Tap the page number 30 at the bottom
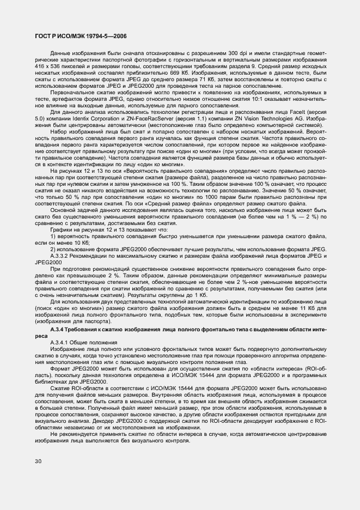coord(38,461)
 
